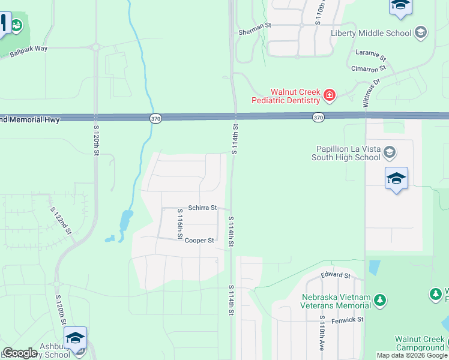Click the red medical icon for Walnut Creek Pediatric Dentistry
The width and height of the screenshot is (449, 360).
pos(329,95)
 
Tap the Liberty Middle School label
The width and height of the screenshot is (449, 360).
pos(371,33)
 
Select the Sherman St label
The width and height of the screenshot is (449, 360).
pos(255,26)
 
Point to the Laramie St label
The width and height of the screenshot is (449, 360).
pos(370,55)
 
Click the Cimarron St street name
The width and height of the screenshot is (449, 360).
pos(368,69)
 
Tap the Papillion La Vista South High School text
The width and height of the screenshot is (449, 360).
pos(345,153)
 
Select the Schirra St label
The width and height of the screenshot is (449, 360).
pos(202,208)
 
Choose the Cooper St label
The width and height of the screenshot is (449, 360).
pos(199,241)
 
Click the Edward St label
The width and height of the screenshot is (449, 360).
pos(336,275)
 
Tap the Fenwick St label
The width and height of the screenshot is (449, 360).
pos(348,320)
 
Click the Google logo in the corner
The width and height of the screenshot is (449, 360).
pos(20,353)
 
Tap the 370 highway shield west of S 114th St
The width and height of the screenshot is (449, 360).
pos(155,119)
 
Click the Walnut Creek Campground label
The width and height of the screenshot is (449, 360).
pos(420,343)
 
